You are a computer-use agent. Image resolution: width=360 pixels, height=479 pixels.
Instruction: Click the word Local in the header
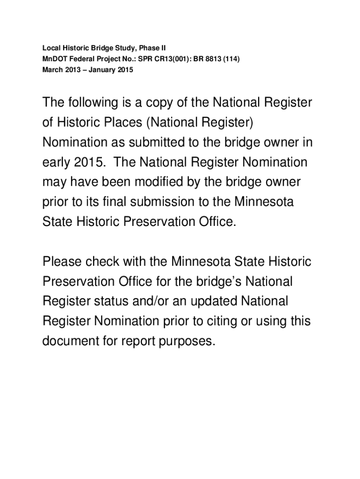click(50, 48)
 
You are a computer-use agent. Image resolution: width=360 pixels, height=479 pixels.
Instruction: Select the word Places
click(121, 123)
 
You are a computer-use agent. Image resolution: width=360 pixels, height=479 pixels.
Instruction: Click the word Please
click(63, 261)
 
